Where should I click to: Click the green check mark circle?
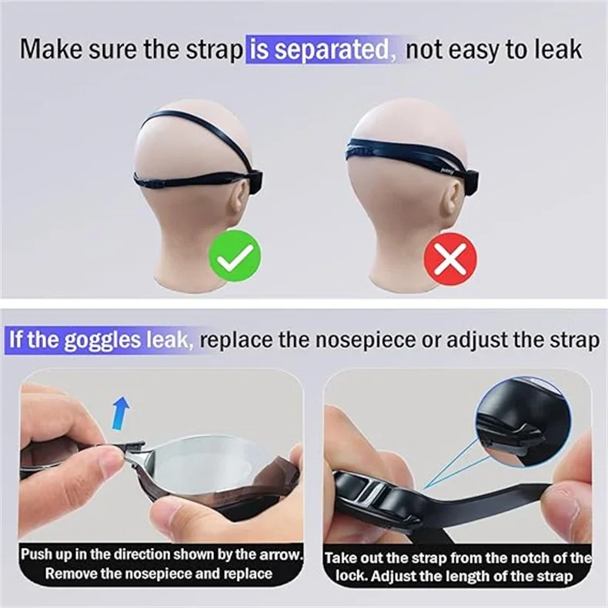[x=235, y=256]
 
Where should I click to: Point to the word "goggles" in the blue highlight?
[x=102, y=339]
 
